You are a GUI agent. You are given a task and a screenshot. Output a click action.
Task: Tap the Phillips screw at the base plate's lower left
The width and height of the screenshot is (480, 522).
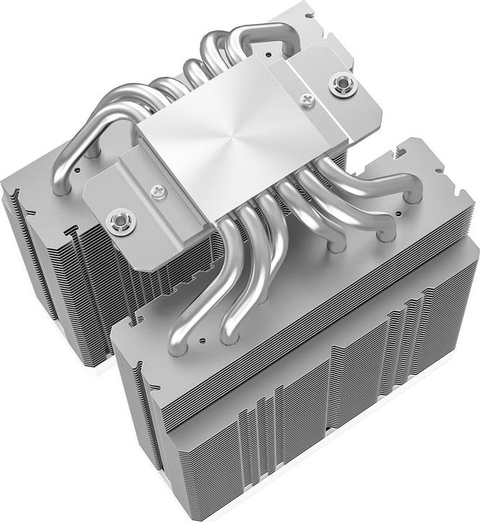159,191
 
